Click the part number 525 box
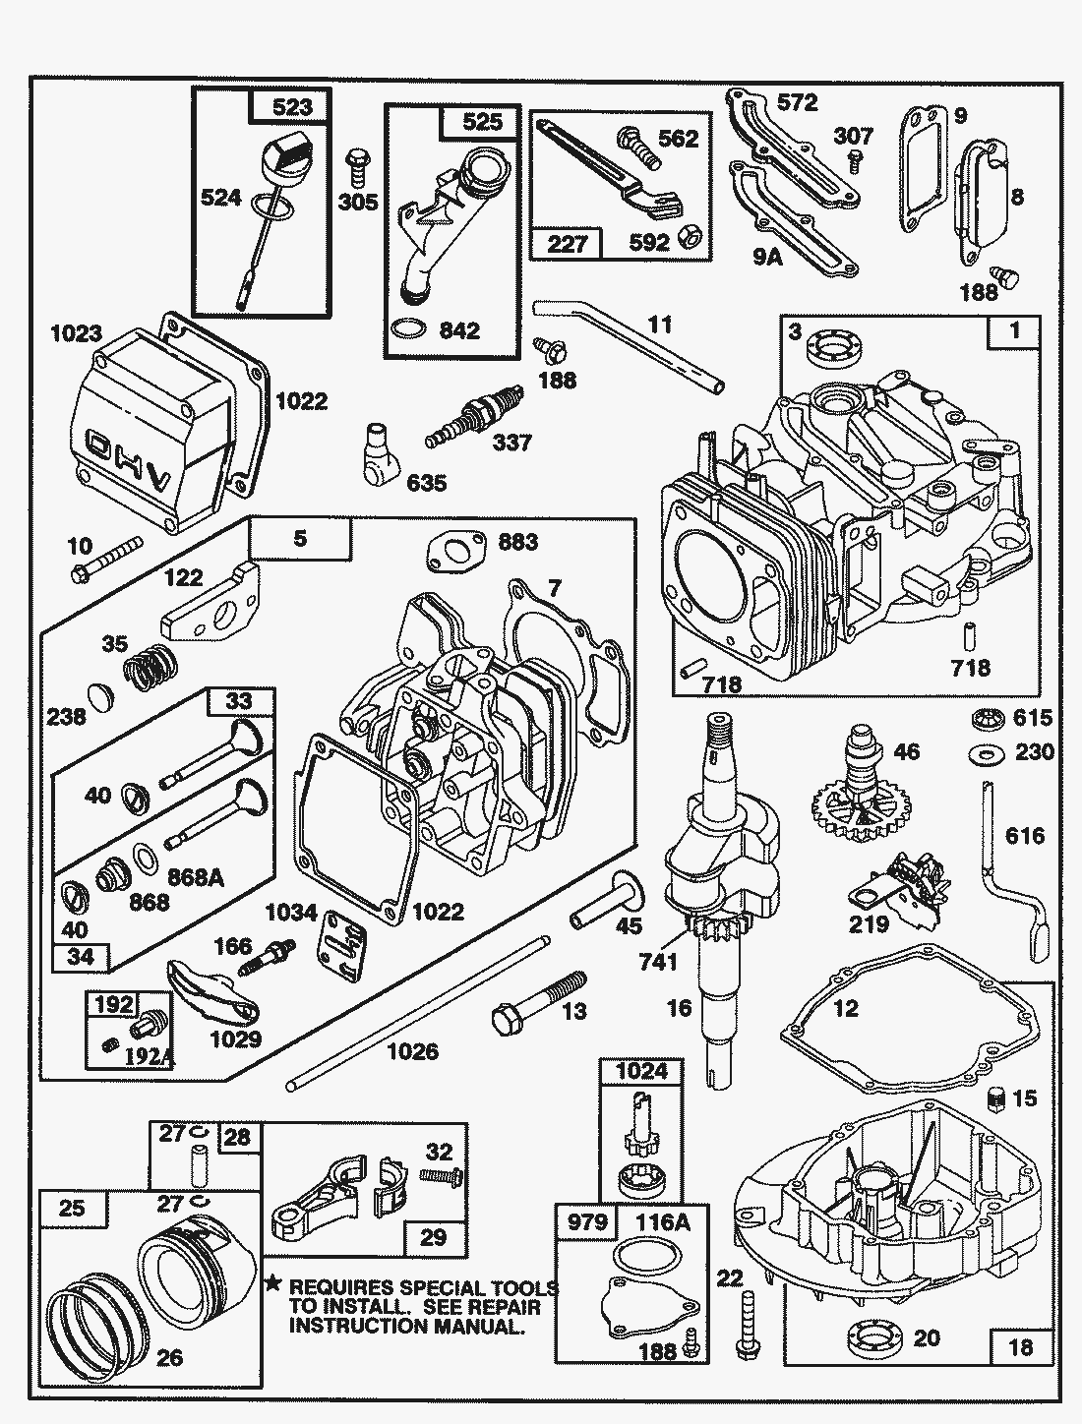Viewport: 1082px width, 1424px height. (482, 121)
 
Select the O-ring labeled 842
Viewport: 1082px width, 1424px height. (410, 328)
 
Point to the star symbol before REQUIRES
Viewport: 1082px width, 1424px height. (273, 1283)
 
